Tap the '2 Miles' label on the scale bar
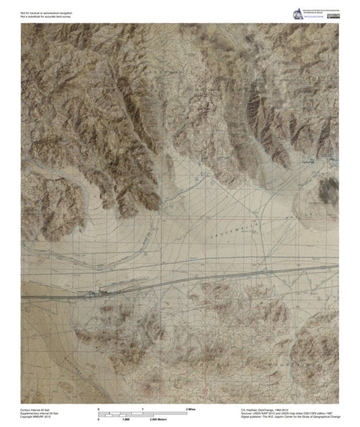190,407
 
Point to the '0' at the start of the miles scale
100,407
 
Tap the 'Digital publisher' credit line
289,417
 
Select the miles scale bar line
142,412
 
